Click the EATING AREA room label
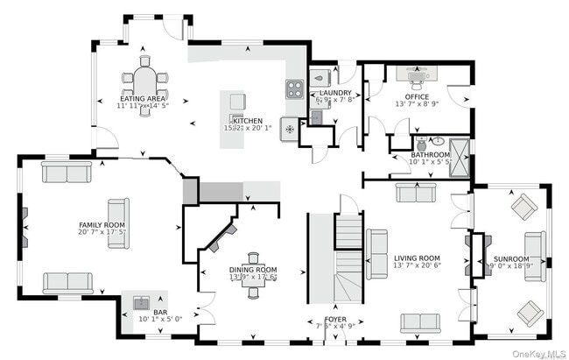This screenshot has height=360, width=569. click(x=143, y=99)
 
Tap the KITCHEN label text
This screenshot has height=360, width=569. click(x=247, y=120)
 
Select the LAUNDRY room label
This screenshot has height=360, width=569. click(x=335, y=92)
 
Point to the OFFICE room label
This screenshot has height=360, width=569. click(x=416, y=96)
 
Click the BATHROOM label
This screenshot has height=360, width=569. click(x=430, y=155)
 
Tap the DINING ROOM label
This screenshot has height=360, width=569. click(x=253, y=270)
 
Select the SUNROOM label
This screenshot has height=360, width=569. click(x=510, y=259)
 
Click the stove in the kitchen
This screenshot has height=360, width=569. click(x=293, y=88)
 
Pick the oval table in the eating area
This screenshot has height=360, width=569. click(x=145, y=80)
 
